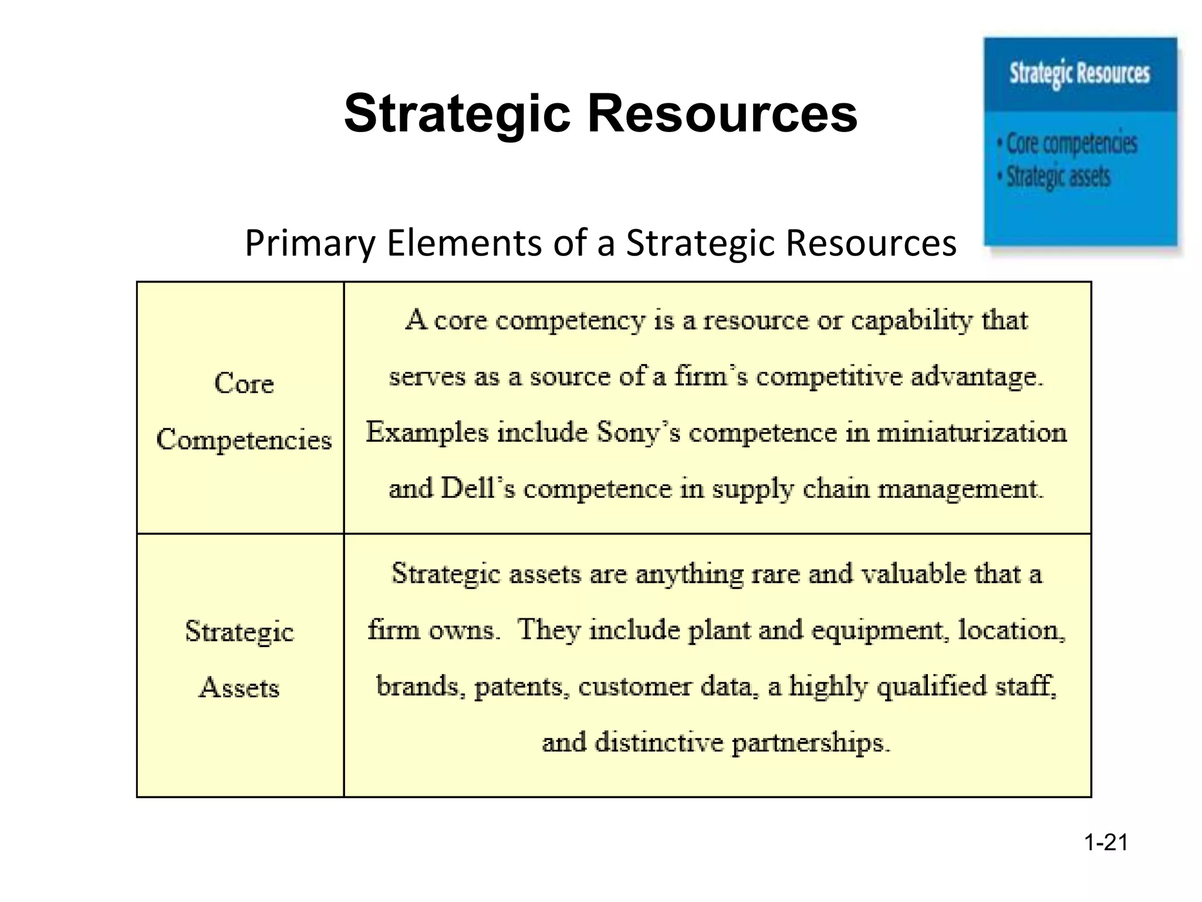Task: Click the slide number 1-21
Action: pyautogui.click(x=1106, y=843)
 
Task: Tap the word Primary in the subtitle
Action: pyautogui.click(x=310, y=243)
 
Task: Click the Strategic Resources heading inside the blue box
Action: pyautogui.click(x=1079, y=74)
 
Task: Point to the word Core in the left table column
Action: pyautogui.click(x=244, y=383)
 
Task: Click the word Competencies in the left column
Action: pyautogui.click(x=244, y=440)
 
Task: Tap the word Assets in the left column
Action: pyautogui.click(x=239, y=688)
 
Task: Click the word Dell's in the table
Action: pyautogui.click(x=477, y=489)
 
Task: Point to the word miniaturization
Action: pyautogui.click(x=971, y=433)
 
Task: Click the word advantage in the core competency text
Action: pyautogui.click(x=977, y=376)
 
